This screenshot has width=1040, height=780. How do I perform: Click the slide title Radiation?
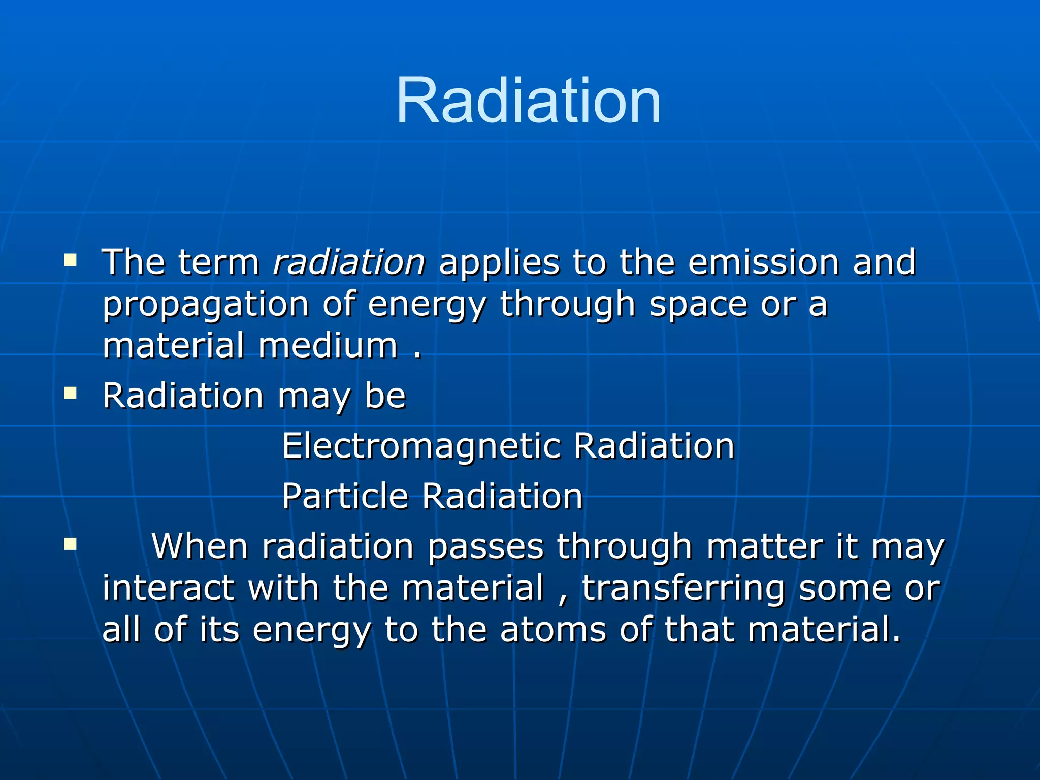[528, 100]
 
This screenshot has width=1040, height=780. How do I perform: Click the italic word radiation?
[349, 263]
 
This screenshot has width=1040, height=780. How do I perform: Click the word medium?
[328, 346]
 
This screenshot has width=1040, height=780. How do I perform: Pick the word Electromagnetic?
[421, 446]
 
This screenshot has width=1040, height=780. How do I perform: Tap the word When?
[200, 547]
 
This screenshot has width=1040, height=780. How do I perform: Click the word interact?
[168, 588]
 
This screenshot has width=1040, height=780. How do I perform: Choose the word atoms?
[553, 630]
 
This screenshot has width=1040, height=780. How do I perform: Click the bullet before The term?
[71, 261]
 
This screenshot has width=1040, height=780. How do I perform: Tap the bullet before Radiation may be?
[71, 394]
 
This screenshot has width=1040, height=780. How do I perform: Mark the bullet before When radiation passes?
[71, 545]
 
